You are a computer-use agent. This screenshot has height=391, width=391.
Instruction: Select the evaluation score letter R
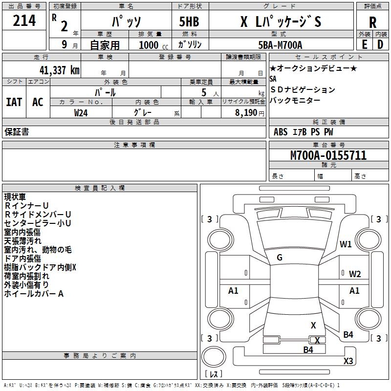[x=372, y=22]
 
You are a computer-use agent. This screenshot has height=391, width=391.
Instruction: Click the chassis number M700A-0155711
[x=328, y=156]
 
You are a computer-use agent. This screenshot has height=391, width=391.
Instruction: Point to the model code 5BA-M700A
[x=280, y=45]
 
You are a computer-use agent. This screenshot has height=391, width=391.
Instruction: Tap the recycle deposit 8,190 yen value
[x=243, y=112]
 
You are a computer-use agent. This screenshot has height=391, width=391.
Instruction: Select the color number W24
[x=81, y=112]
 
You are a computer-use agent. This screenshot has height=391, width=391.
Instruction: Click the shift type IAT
[x=14, y=102]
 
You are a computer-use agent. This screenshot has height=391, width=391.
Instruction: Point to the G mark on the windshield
[x=279, y=258]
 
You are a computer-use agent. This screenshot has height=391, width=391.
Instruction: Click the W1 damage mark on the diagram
[x=346, y=244]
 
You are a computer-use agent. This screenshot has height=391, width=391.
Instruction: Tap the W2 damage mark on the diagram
[x=355, y=274]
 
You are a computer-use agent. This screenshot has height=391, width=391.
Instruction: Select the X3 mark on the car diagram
[x=348, y=361]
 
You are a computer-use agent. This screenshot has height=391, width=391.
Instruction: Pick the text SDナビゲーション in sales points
[x=303, y=90]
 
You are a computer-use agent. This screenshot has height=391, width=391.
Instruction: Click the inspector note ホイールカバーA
[x=34, y=294]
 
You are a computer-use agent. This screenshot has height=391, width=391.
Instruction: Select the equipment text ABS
[x=281, y=132]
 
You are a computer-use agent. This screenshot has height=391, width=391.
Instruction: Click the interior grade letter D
[x=380, y=44]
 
